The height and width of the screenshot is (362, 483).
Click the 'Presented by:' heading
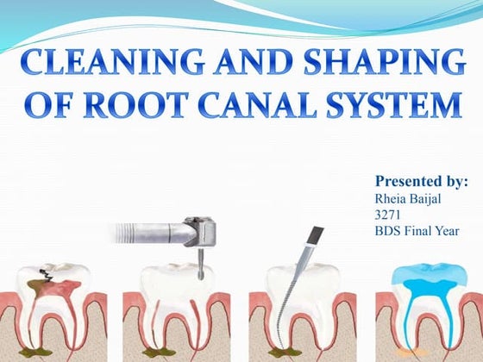(x=421, y=182)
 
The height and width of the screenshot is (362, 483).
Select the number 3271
(x=388, y=215)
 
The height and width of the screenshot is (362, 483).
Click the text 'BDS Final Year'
(x=417, y=232)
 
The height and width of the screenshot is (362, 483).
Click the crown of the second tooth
(x=177, y=280)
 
